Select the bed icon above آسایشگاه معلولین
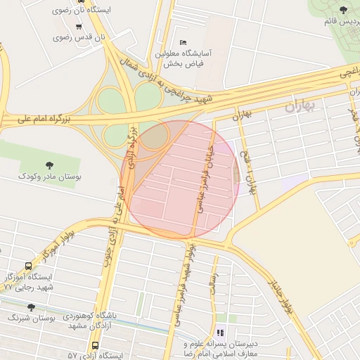tap(184, 42)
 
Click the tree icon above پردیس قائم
tap(343, 10)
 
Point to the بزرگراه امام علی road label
tap(38, 121)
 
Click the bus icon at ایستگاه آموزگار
tap(28, 266)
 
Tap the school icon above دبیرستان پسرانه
tap(221, 333)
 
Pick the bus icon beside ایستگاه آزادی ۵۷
tap(96, 345)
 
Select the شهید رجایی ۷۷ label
tap(29, 288)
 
